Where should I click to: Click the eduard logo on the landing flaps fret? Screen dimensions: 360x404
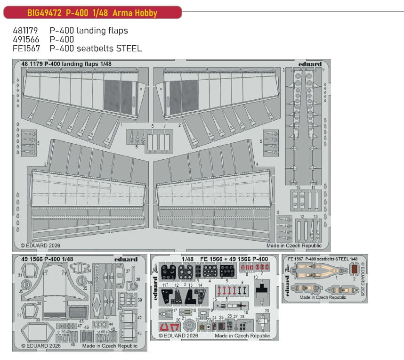point(310,64)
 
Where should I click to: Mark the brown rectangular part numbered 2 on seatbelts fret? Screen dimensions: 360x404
point(355,270)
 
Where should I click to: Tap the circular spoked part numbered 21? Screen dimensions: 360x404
point(188,325)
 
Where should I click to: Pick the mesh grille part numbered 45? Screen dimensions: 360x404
point(78,311)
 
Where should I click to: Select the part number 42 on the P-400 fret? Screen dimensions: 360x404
point(140,318)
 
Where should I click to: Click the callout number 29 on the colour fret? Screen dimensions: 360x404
point(267,311)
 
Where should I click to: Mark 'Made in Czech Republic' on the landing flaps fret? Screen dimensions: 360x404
point(294,245)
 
